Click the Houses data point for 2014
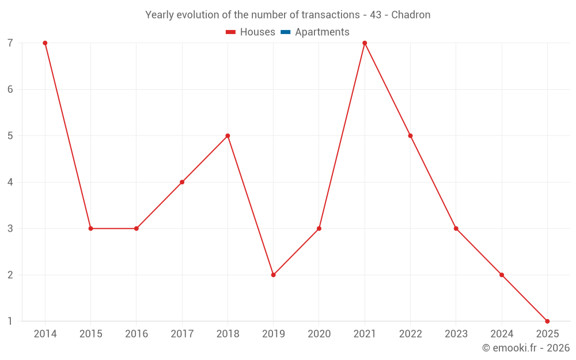click(45, 43)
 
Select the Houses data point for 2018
click(228, 136)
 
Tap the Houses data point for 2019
click(273, 275)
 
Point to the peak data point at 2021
click(365, 43)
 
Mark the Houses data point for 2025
click(547, 321)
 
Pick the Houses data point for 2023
click(456, 229)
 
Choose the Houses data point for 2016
click(137, 229)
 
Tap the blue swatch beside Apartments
click(286, 32)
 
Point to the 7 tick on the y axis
click(10, 43)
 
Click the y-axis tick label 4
click(10, 182)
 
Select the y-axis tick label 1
click(10, 321)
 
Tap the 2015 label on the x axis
click(91, 334)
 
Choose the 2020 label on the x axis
click(319, 334)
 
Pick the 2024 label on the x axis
click(502, 334)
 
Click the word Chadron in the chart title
click(411, 15)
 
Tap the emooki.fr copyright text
click(526, 348)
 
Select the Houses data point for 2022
click(410, 136)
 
